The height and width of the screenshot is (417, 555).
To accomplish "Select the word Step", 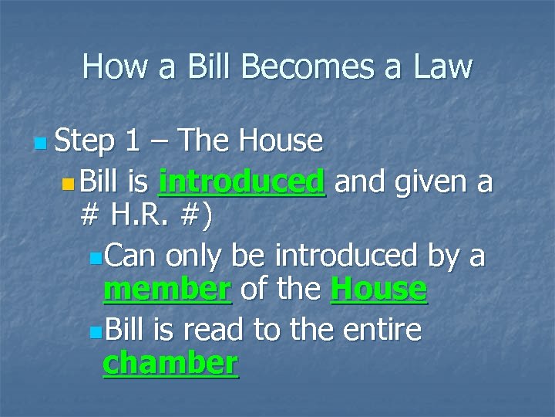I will (x=86, y=141).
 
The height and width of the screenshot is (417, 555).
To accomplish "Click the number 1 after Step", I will (x=133, y=141).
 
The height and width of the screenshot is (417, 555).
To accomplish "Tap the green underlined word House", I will (x=378, y=290).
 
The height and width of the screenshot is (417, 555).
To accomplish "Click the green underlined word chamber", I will (x=170, y=363).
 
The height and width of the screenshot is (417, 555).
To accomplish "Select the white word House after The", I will (x=281, y=141).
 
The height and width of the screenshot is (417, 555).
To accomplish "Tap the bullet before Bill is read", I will (x=94, y=332).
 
